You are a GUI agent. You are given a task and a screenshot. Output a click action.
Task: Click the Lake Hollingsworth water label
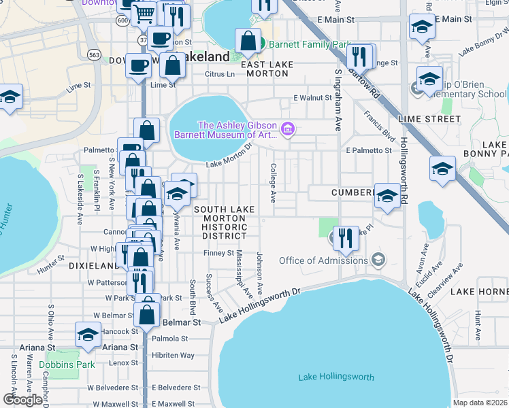click(x=335, y=377)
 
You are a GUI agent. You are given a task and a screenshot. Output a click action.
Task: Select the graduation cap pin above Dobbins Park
click(x=88, y=335)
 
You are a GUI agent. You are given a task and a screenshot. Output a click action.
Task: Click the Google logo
click(x=22, y=399)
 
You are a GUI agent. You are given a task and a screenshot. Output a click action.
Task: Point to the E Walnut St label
click(x=312, y=98)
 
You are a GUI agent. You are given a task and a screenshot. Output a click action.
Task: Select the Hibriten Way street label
click(x=173, y=355)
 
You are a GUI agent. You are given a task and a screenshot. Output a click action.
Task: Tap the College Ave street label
click(x=274, y=182)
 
